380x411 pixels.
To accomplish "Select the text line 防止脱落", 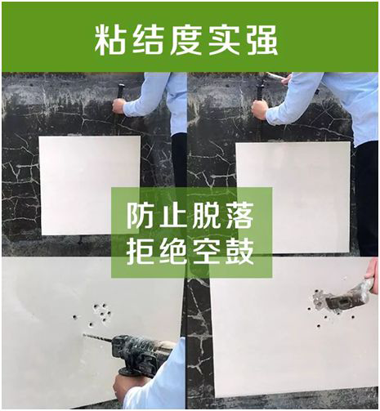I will point(190,216).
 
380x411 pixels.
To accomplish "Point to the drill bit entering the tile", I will point(97,337).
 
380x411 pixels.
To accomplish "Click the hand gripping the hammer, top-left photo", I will point(119,105).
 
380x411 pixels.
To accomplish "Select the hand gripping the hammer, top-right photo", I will point(260,109).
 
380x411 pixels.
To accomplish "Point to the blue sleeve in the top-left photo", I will point(151,94).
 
